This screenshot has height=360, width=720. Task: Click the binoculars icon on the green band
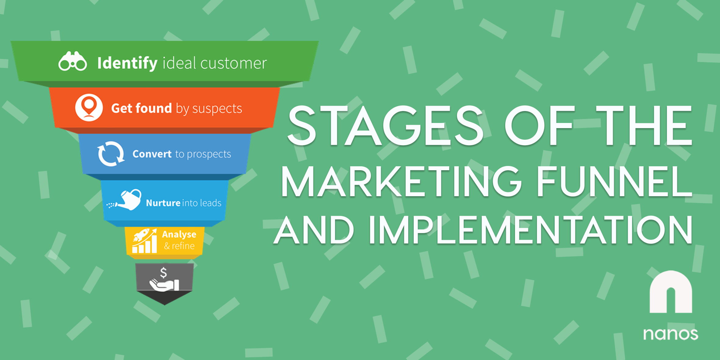coord(73,62)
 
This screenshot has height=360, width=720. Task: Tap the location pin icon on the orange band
coord(89,107)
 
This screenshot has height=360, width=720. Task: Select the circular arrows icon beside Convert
coord(111,154)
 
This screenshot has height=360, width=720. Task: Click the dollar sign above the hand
coord(164,272)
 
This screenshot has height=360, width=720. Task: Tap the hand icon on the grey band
coord(164,285)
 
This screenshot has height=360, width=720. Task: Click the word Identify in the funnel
coord(127,63)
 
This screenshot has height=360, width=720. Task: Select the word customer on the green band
coord(233,63)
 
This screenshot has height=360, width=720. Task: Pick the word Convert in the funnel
coord(152,154)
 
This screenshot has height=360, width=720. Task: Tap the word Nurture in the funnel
coord(163,203)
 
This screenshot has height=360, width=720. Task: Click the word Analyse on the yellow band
coord(179,234)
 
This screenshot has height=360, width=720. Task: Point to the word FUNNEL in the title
coord(614,182)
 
